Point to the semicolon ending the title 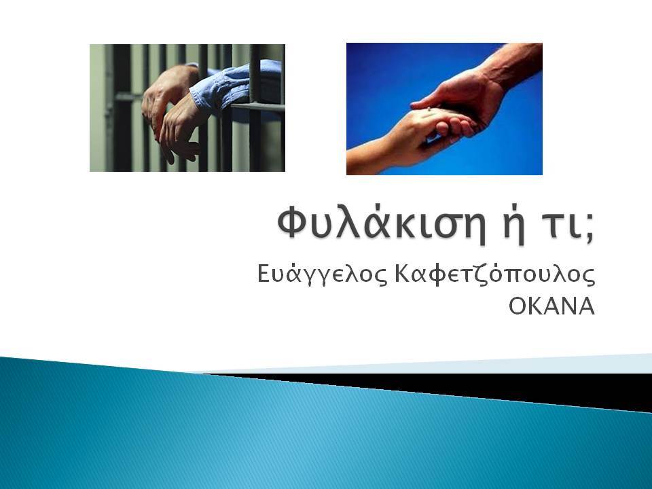pyautogui.click(x=590, y=230)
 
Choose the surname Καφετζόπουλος pyautogui.click(x=494, y=275)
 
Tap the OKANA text pyautogui.click(x=551, y=307)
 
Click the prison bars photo pyautogui.click(x=187, y=108)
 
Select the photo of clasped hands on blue pyautogui.click(x=444, y=109)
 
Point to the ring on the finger pyautogui.click(x=429, y=109)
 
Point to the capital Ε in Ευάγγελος pyautogui.click(x=264, y=274)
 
